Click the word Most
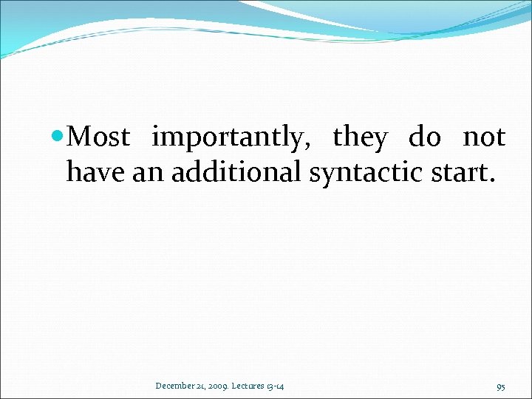click(102, 137)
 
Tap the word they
click(360, 138)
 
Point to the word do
click(425, 138)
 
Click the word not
click(484, 138)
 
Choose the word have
click(96, 172)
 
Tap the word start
click(459, 172)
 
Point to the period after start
click(490, 180)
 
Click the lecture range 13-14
click(279, 386)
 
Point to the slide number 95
click(500, 386)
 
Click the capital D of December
click(159, 386)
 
